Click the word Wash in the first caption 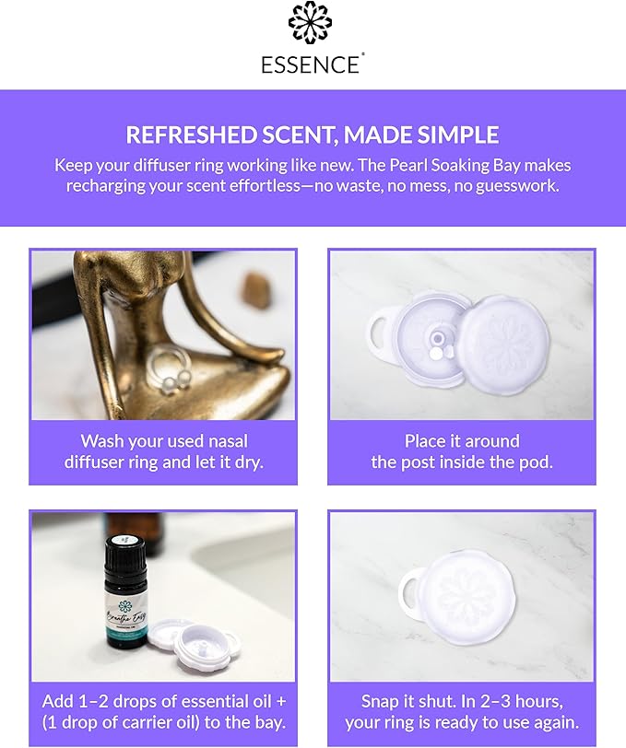[101, 441]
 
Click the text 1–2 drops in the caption [115, 700]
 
